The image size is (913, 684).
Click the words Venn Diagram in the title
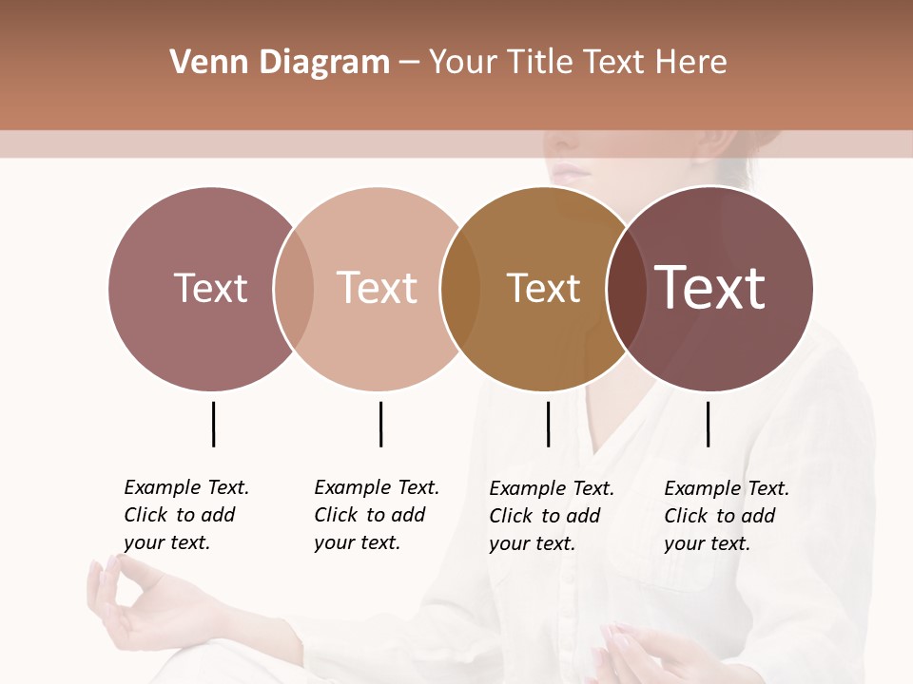(280, 63)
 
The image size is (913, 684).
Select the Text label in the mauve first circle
(210, 288)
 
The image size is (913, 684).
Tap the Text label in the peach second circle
(377, 288)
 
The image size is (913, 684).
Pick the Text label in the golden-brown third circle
(543, 289)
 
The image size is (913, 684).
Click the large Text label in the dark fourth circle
(710, 288)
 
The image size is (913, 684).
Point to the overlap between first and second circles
(294, 288)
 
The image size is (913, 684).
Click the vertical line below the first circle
(213, 424)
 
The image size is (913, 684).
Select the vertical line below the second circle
(380, 424)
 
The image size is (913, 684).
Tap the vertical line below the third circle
(548, 424)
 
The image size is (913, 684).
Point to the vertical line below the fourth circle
(708, 424)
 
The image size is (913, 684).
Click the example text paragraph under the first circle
(186, 515)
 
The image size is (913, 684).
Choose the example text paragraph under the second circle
(377, 515)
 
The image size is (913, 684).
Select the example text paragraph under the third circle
(552, 516)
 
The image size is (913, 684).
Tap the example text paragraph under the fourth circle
(727, 516)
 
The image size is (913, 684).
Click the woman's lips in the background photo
(572, 173)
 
